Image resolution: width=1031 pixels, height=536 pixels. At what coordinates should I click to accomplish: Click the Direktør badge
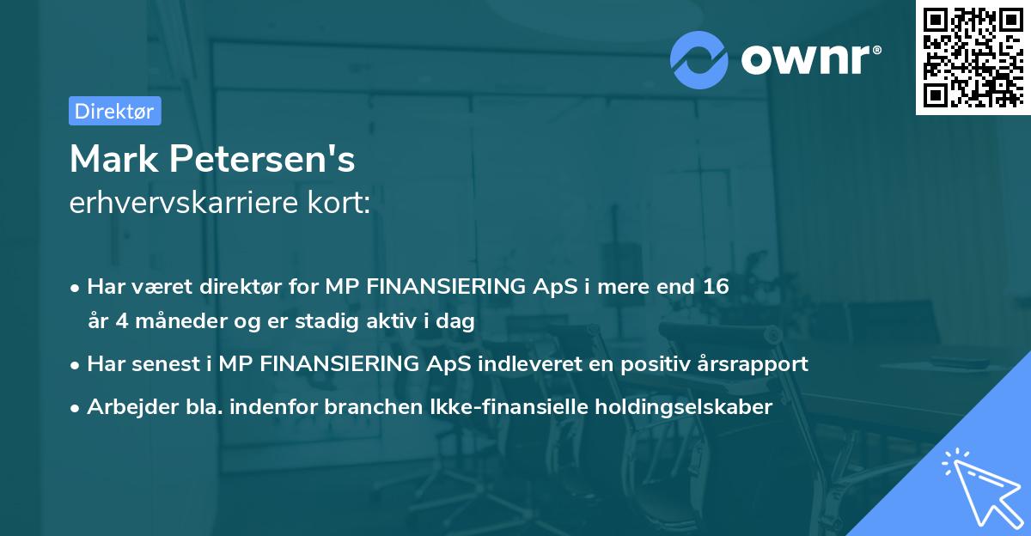tap(114, 111)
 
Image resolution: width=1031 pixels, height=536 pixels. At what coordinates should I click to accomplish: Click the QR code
tap(972, 58)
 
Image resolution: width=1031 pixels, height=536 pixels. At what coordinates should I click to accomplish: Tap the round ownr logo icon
tap(699, 58)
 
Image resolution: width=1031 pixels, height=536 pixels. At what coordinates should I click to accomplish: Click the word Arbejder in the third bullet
tap(125, 407)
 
